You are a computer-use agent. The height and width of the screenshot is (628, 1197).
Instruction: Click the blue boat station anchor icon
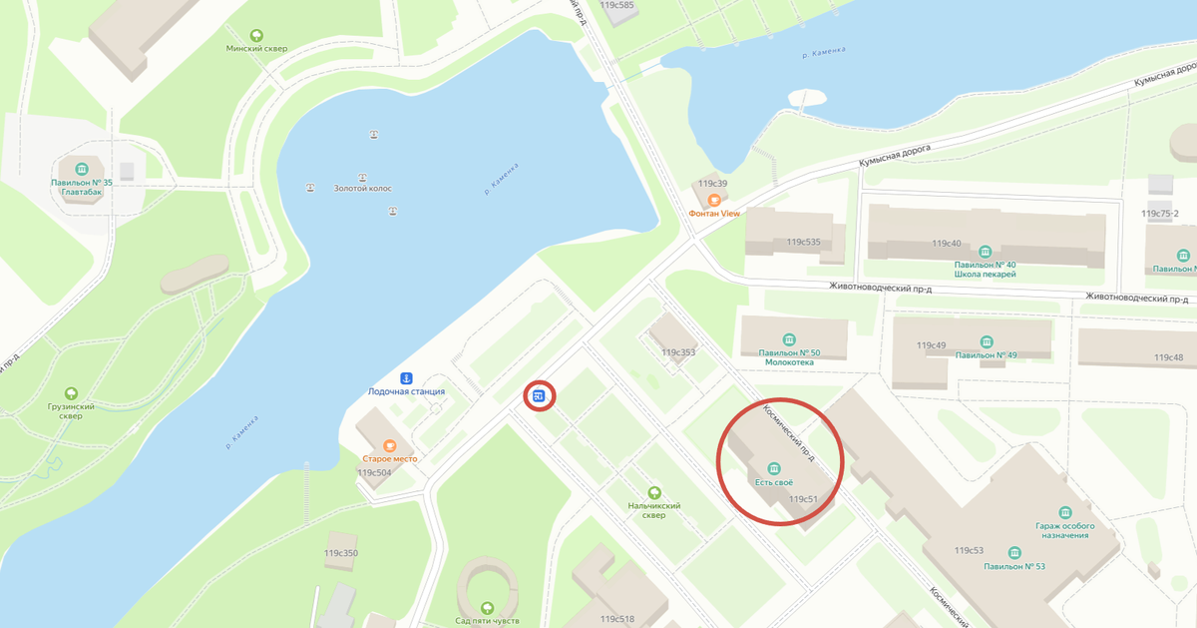click(407, 378)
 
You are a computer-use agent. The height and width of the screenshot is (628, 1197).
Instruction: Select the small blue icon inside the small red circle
click(539, 396)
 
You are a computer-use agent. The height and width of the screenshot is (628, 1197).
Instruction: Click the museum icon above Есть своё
click(773, 469)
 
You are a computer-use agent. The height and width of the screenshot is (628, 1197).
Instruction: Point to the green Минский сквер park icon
click(258, 35)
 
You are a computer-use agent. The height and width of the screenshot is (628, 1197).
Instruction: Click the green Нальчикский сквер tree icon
click(654, 492)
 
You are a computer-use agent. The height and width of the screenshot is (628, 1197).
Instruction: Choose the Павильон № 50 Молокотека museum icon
click(790, 339)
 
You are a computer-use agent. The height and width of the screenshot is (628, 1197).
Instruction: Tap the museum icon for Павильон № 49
click(986, 341)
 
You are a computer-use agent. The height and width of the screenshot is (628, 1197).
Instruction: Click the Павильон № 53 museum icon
click(1014, 553)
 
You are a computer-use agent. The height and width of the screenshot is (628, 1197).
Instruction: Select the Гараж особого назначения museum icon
click(1065, 511)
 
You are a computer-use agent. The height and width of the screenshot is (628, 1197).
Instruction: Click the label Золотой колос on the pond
click(363, 188)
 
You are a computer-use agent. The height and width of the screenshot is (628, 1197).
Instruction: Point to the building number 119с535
click(803, 243)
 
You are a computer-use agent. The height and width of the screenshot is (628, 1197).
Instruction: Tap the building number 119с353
click(678, 352)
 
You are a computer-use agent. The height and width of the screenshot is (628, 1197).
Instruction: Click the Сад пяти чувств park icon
click(488, 607)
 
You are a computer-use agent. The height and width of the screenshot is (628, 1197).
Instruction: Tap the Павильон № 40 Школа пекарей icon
click(986, 251)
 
